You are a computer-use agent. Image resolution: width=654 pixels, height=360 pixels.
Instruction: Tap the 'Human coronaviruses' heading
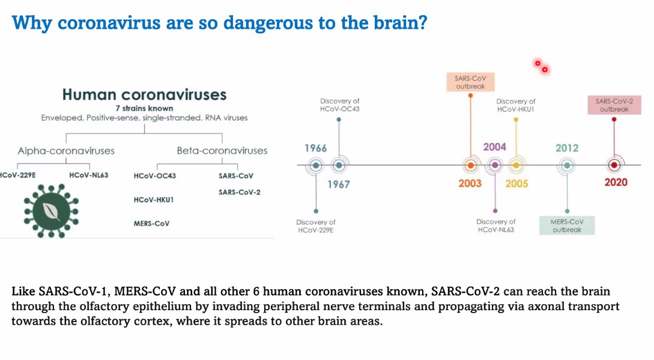point(144,94)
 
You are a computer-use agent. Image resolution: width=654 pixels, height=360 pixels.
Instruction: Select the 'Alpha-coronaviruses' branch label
point(65,150)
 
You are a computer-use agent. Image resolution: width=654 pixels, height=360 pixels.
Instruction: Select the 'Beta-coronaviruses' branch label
point(222,150)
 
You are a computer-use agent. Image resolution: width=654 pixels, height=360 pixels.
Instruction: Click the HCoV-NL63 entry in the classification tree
point(88,175)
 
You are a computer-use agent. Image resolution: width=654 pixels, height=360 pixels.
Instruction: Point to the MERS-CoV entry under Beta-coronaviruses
point(151,224)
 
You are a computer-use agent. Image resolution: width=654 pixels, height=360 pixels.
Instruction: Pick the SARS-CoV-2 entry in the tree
point(239,192)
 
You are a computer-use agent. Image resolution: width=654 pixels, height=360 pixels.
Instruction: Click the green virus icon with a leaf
point(51,209)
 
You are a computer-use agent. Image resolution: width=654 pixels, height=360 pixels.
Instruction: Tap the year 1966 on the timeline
point(316,148)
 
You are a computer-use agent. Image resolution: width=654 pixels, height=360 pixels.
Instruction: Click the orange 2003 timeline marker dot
point(471,165)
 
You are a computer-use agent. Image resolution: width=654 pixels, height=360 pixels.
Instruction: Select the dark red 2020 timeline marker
point(613,165)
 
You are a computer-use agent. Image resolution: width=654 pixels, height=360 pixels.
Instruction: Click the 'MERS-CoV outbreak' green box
point(567,225)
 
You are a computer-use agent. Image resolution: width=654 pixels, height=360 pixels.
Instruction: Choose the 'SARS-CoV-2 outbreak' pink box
point(614,105)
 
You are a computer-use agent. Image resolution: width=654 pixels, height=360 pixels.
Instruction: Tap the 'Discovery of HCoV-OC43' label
point(339,105)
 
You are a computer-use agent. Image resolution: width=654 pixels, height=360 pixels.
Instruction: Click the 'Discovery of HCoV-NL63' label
point(495,225)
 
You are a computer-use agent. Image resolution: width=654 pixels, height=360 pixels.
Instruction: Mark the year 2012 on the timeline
point(567,148)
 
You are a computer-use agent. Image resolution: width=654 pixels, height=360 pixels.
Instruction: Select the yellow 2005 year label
point(516,183)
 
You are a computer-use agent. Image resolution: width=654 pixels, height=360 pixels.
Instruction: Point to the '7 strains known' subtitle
point(144,108)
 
